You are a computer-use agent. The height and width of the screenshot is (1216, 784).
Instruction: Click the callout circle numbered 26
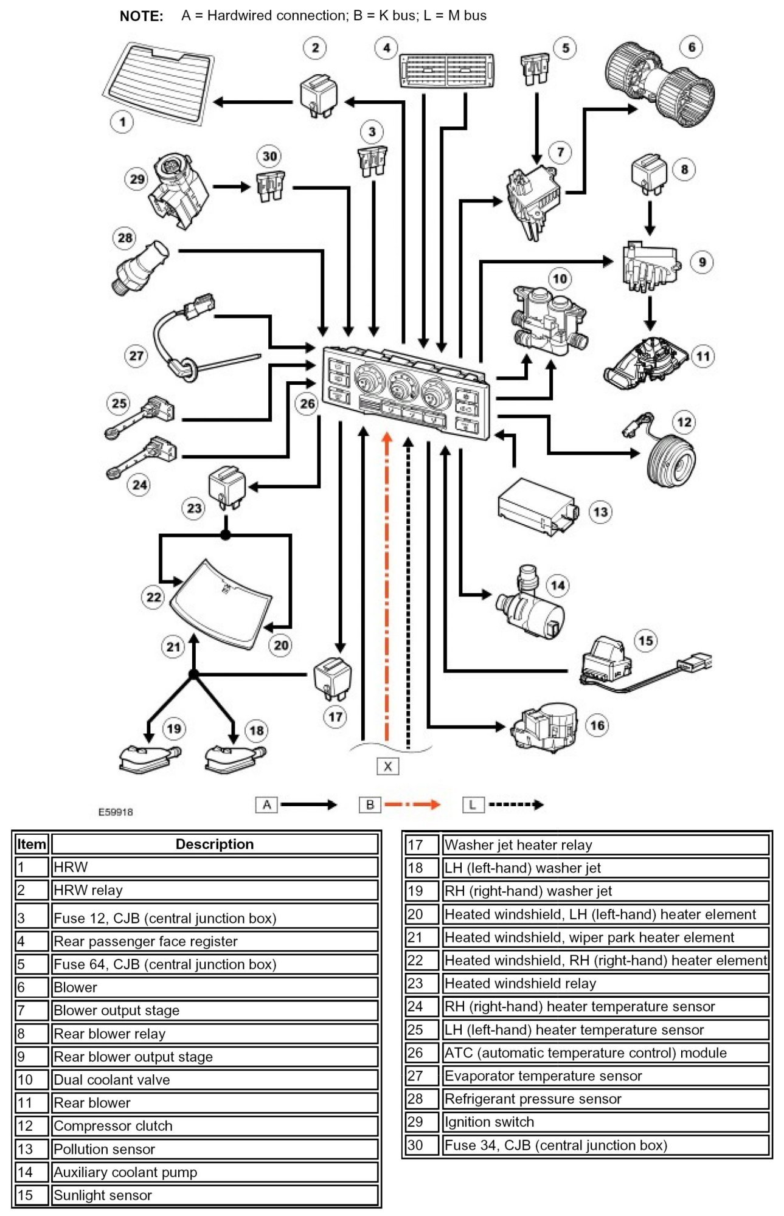[308, 403]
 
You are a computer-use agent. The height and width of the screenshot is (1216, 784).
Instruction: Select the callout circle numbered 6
[692, 47]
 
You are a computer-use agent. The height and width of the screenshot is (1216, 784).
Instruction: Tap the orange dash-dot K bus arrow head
[386, 438]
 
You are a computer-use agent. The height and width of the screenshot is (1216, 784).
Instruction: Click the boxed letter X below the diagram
[387, 766]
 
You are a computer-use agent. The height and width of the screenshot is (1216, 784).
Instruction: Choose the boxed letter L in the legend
[473, 805]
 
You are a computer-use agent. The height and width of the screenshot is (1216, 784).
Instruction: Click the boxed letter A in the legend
[266, 805]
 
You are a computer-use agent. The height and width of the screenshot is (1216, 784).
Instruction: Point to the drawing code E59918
[116, 812]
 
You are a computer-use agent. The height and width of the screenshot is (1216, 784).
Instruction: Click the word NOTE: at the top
[141, 16]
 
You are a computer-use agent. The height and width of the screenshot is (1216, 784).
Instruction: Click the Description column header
[214, 844]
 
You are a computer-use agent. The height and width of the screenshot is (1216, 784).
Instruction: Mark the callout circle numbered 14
[558, 586]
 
